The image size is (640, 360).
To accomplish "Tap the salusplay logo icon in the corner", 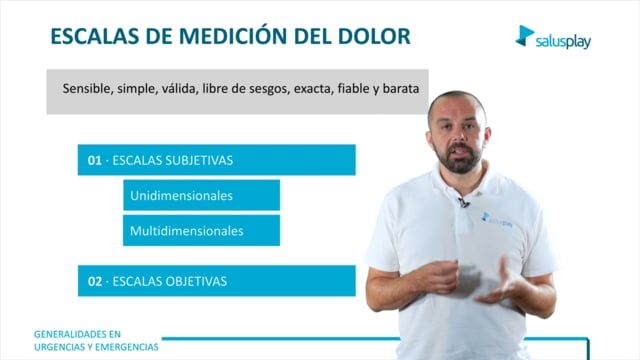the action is tap(524, 36).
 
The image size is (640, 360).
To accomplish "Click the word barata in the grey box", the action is tap(401, 89).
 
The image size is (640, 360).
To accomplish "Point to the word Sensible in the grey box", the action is tap(86, 89).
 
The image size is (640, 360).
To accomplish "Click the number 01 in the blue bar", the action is tap(95, 160).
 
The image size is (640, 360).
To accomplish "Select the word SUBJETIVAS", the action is tap(198, 160).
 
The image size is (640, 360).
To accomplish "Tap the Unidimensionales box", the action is tap(202, 195).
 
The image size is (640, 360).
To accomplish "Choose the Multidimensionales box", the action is tap(202, 231).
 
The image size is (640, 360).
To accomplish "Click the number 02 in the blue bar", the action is tap(95, 281).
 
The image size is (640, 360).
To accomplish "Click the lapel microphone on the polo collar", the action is tap(463, 202).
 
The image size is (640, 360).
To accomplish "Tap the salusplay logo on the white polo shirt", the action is tap(497, 220).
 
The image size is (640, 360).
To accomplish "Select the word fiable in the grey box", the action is tap(353, 88).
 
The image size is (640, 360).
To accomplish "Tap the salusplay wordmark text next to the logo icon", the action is tap(563, 41).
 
